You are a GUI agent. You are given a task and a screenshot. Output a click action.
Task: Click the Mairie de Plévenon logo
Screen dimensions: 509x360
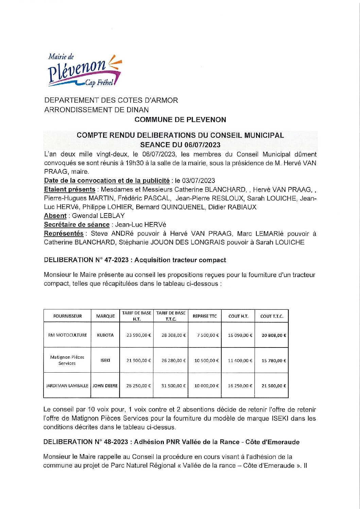(84, 70)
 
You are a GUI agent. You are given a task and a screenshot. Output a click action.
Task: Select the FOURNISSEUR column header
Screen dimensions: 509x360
(67, 316)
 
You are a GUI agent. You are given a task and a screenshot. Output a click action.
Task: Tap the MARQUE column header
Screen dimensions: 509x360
(105, 316)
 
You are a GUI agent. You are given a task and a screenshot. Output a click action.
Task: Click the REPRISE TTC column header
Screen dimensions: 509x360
(205, 316)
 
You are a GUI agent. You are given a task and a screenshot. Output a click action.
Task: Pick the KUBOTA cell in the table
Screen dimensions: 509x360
(105, 335)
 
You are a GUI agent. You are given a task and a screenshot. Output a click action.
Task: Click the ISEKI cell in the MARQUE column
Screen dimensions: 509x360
(105, 360)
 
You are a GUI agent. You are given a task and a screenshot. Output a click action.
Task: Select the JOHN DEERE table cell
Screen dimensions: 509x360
(105, 386)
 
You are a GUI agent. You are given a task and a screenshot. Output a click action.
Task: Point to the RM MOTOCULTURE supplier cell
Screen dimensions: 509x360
(67, 335)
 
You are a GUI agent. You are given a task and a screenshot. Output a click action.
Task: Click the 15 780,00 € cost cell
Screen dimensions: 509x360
(274, 360)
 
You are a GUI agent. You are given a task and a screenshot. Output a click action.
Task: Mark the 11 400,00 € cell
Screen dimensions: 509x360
(240, 360)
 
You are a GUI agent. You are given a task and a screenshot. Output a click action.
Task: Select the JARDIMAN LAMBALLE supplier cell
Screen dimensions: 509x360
(67, 386)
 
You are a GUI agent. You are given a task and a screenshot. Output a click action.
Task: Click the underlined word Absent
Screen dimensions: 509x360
(55, 216)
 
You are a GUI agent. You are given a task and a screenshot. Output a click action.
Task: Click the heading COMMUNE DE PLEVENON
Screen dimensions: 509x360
(180, 119)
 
